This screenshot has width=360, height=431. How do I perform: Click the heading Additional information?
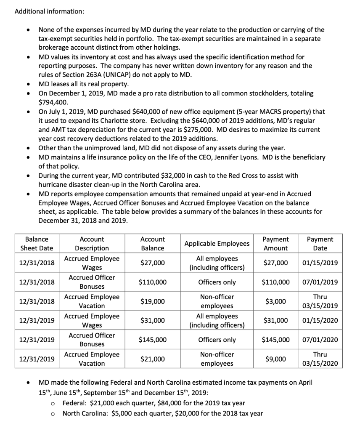coord(50,11)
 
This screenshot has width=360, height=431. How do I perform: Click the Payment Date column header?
coord(320,244)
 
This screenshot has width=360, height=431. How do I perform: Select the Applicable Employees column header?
coord(217,244)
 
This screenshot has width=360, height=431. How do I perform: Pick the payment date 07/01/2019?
coord(320,282)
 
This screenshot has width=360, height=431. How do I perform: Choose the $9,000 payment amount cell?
coord(276,359)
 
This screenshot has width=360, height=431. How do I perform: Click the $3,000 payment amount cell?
coord(276,301)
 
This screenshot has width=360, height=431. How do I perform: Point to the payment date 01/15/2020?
coord(320,321)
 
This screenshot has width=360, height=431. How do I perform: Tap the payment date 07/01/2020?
coord(320,340)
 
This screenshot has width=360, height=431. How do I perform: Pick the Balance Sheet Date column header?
coord(37,244)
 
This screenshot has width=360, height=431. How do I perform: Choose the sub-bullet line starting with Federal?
coord(154,403)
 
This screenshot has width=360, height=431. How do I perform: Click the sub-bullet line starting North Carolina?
coord(163,413)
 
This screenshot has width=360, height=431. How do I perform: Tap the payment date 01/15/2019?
coord(320,263)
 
